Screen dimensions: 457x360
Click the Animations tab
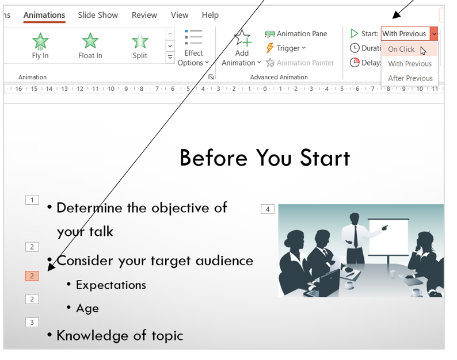pos(44,15)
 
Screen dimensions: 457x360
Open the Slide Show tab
pos(98,15)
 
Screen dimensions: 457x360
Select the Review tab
pos(144,15)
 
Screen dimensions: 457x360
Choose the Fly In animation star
pos(40,41)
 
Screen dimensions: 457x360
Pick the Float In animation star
pos(90,41)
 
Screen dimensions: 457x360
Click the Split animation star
pos(140,41)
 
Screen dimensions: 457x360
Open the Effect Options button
pos(193,48)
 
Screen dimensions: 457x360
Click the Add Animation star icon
pos(242,38)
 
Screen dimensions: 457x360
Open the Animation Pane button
pos(296,34)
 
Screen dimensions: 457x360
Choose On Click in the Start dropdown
pos(401,49)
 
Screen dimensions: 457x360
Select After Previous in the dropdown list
pos(410,78)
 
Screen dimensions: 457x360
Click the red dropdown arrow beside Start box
pos(434,34)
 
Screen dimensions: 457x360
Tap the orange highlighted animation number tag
pos(32,276)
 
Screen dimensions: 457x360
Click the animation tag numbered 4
pos(268,209)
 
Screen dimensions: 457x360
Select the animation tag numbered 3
pos(32,323)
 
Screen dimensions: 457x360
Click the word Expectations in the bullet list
pos(111,285)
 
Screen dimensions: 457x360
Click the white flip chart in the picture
pos(389,236)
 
